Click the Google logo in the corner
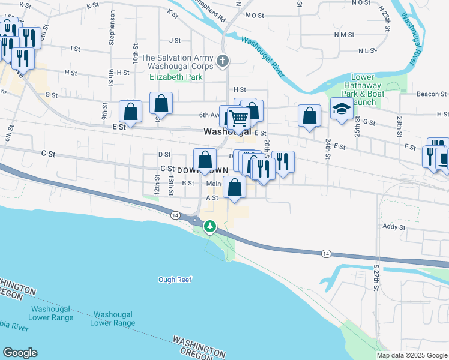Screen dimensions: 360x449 (x=20, y=353)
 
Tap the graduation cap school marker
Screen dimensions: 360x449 (x=342, y=109)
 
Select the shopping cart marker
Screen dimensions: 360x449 (x=239, y=118)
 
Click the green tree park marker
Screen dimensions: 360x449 (x=210, y=227)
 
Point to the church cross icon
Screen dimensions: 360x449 (x=223, y=60)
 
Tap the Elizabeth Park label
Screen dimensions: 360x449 (x=176, y=77)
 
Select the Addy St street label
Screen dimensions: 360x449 (x=394, y=227)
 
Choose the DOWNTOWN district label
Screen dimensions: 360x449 (x=203, y=171)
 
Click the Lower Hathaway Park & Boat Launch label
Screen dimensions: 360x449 (x=363, y=90)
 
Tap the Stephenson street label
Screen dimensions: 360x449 (x=111, y=28)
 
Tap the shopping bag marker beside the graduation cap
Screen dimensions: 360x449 (x=309, y=116)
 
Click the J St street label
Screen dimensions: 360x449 (x=175, y=41)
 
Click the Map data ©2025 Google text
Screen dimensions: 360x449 (x=411, y=355)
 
